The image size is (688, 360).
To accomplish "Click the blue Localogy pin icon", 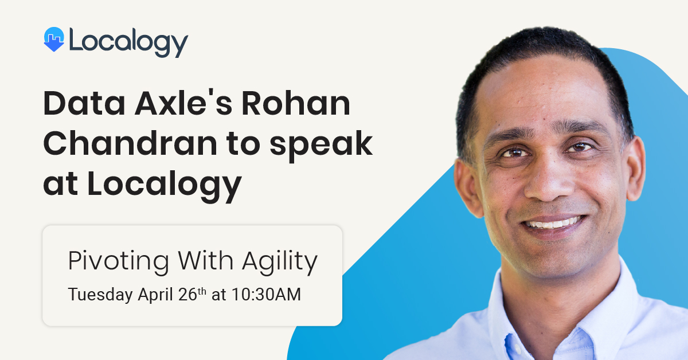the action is [54, 40].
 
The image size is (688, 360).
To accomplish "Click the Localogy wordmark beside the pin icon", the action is [128, 42].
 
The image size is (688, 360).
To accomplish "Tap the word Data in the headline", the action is [84, 103].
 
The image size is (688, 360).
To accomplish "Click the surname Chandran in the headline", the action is [130, 143].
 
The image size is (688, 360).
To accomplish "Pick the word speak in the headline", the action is [321, 146].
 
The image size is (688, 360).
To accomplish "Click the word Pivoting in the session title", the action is [119, 263].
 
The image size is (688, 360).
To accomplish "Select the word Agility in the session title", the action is [280, 263].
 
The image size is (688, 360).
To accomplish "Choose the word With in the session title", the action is [205, 260].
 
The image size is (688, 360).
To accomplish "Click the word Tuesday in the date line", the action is [100, 295].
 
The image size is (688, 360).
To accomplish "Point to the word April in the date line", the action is [155, 295].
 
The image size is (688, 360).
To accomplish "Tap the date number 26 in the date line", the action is [187, 294].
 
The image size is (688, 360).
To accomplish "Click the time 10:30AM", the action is [266, 294].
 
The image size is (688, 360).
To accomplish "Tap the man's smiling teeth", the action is [553, 222].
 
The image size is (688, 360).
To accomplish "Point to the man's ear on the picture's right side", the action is [635, 169].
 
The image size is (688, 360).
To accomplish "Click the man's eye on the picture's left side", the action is [514, 152].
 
